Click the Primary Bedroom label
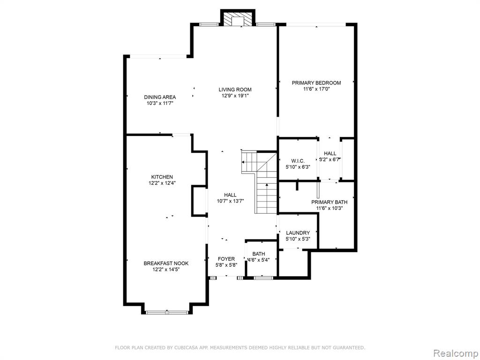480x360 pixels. click(x=316, y=82)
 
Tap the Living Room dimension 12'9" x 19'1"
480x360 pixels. click(x=235, y=96)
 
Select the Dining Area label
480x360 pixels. click(x=160, y=97)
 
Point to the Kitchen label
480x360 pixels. click(x=162, y=177)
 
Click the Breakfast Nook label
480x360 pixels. click(x=166, y=263)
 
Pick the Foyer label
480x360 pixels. click(x=226, y=259)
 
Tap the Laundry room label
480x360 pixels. click(x=298, y=233)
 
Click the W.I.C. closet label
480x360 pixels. click(x=298, y=161)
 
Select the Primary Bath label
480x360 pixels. click(x=330, y=202)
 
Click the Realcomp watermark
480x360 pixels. click(x=456, y=353)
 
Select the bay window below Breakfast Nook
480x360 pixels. click(x=167, y=313)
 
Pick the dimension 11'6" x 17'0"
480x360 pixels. click(x=316, y=89)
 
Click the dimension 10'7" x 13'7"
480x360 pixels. click(x=230, y=201)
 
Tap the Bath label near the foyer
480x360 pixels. click(x=259, y=254)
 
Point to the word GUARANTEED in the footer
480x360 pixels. click(x=351, y=348)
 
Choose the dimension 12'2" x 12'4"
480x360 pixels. click(x=162, y=183)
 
